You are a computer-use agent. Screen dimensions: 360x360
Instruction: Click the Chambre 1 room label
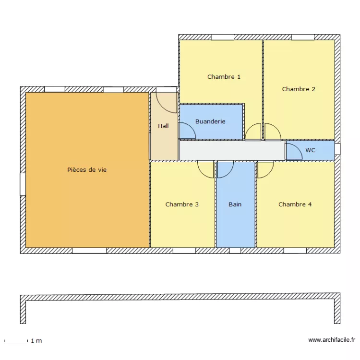224,77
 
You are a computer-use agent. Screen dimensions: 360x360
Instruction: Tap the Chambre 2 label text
299,89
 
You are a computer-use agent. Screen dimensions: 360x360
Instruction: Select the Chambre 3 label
182,204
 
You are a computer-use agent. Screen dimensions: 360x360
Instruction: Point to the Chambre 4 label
295,204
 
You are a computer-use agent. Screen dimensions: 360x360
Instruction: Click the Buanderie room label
210,122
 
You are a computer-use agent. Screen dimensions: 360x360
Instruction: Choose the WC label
310,150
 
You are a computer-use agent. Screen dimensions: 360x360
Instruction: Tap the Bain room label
235,204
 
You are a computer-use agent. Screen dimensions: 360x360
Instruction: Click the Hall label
163,126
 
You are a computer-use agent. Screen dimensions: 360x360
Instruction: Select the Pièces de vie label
87,170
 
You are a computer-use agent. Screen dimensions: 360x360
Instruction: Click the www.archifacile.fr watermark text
331,340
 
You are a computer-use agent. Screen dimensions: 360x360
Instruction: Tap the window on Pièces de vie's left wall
23,184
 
